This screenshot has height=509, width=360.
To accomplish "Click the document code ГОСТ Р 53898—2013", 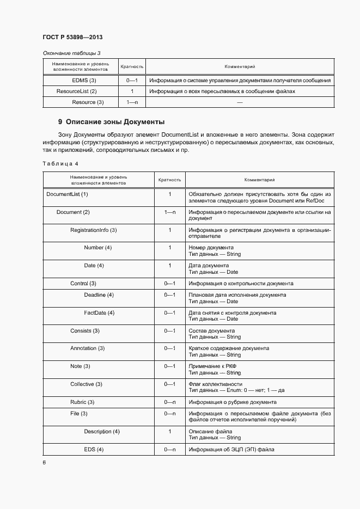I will point(72,37).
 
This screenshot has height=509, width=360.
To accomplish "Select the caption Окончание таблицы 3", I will point(72,53).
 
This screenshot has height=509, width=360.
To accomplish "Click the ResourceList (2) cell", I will point(77,91).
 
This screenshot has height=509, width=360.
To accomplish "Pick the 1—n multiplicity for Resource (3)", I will point(132,102).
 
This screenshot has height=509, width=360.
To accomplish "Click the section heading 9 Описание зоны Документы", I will point(111,122).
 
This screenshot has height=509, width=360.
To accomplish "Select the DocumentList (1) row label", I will point(67,194).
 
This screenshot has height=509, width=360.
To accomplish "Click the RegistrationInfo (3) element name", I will point(94,230).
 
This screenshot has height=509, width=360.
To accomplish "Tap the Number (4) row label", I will point(97,248).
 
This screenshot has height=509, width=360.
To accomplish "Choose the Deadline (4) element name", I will point(99,295).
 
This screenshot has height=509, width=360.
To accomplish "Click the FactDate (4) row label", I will point(99,312).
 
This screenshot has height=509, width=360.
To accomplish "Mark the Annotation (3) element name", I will point(87,348).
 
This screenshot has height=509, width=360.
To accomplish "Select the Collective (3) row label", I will point(86,384).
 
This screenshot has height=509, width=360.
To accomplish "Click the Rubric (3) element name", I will point(82,402).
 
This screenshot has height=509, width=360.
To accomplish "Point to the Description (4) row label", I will point(102,432).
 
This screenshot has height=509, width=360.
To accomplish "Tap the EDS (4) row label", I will point(94,449).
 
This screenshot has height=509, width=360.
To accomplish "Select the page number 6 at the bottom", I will point(44,462).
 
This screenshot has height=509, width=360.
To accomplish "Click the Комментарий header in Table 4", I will point(259,179).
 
